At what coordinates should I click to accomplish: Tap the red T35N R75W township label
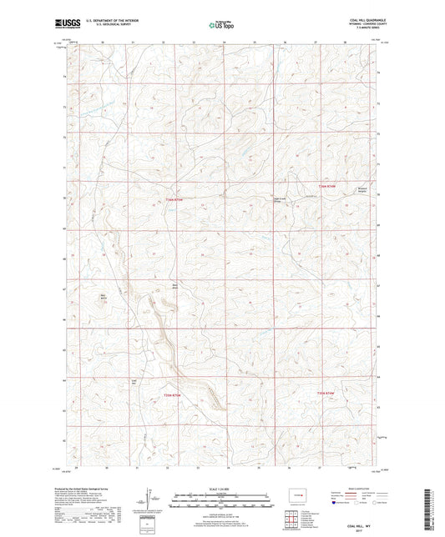[174, 198]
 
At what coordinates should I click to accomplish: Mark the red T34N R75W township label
[174, 394]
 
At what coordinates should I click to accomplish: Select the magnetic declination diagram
[147, 504]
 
